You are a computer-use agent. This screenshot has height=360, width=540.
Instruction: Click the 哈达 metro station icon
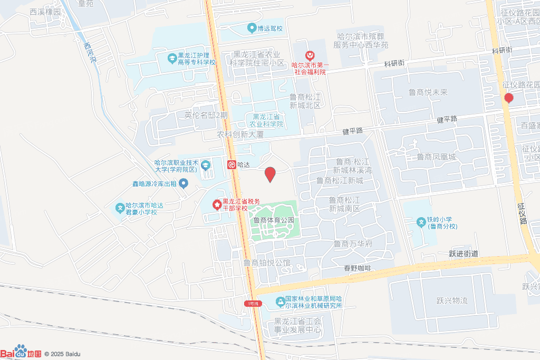[232, 165]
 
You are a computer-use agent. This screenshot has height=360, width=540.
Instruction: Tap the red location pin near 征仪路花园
[508, 98]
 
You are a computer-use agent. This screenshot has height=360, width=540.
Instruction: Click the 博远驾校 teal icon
[252, 28]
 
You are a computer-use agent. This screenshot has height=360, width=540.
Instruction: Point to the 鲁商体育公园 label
[273, 220]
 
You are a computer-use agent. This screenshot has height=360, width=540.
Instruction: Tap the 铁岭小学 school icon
[421, 222]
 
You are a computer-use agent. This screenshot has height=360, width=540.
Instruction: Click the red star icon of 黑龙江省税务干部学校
[216, 205]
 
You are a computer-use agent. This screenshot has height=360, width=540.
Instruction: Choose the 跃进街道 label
[464, 254]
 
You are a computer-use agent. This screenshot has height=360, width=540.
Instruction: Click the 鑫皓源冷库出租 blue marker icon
[184, 183]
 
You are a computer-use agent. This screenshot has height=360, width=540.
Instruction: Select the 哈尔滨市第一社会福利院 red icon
[310, 55]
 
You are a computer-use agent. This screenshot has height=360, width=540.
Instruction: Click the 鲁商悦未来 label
[428, 92]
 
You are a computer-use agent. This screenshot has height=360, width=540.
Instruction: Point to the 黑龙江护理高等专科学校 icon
[172, 58]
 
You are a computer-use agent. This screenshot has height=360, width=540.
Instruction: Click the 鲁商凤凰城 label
[436, 157]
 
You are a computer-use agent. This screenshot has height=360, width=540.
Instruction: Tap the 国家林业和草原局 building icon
[279, 301]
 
